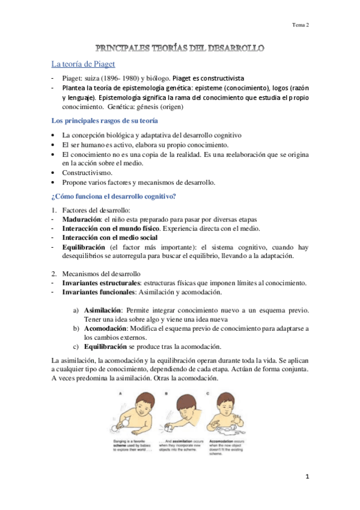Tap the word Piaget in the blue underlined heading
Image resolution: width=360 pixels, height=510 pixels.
click(102, 64)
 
